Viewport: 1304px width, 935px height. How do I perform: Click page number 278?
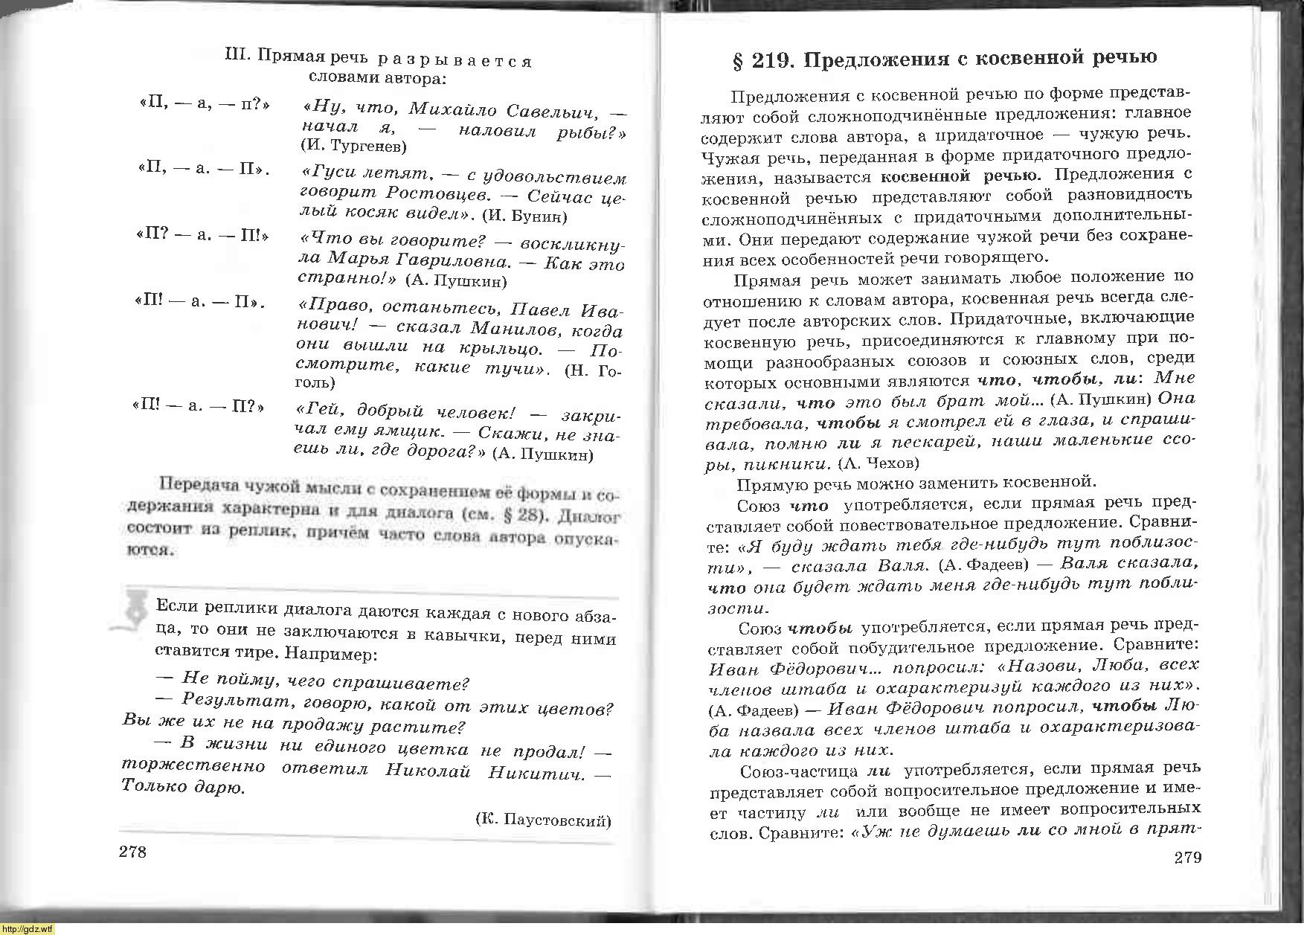132,852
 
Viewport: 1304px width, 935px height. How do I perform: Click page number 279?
1187,858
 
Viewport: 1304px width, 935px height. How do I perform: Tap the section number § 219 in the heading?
764,60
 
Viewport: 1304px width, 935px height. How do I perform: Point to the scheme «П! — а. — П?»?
199,407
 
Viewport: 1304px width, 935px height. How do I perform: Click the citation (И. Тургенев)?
353,146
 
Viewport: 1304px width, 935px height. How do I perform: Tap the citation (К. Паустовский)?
542,820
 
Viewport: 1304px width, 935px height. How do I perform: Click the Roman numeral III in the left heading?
237,56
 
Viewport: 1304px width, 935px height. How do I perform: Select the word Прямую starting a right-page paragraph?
768,484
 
